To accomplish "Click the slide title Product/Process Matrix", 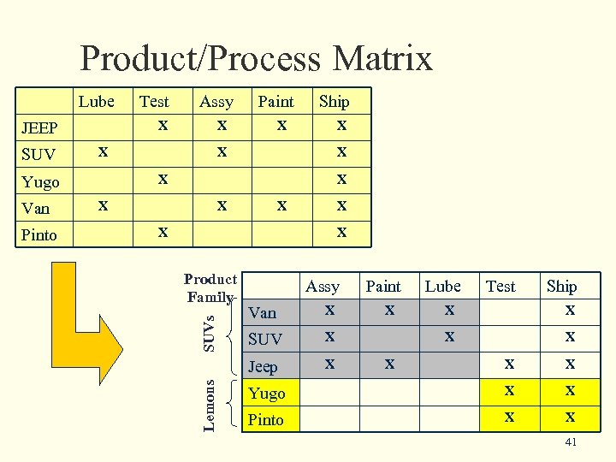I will [x=256, y=59].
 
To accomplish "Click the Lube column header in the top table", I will [x=96, y=101].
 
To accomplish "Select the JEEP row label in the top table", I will [x=39, y=128].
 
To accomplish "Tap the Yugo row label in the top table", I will [x=40, y=181].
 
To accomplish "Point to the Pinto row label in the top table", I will [x=39, y=234].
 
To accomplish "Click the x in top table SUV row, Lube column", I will [x=103, y=151].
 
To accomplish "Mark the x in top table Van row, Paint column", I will [x=280, y=204].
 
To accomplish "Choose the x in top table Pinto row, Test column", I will [x=163, y=231].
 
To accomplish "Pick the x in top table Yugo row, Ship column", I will [x=341, y=178].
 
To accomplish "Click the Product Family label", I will [x=210, y=288].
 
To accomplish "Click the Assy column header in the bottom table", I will [x=323, y=287].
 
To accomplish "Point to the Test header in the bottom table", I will [x=500, y=287].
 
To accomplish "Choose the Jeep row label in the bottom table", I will [x=263, y=367].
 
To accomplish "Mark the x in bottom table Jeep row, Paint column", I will [x=389, y=364].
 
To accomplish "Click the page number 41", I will [x=572, y=441].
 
